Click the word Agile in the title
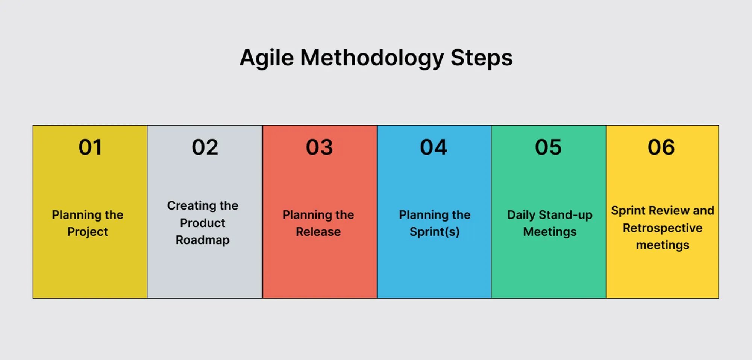[x=267, y=58]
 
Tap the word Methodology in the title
[x=372, y=58]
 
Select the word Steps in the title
[x=481, y=58]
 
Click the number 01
[x=90, y=147]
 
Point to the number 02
[x=205, y=147]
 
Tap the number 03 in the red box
[x=319, y=147]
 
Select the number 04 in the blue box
[x=434, y=147]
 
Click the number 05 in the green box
[x=548, y=147]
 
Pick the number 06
[x=661, y=147]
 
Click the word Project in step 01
[x=88, y=232]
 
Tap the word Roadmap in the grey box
[x=202, y=240]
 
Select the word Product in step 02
[x=202, y=223]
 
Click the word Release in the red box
[x=318, y=232]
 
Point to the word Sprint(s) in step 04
[x=434, y=232]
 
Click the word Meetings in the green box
[x=550, y=232]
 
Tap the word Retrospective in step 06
[x=663, y=228]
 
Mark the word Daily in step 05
[x=521, y=215]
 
